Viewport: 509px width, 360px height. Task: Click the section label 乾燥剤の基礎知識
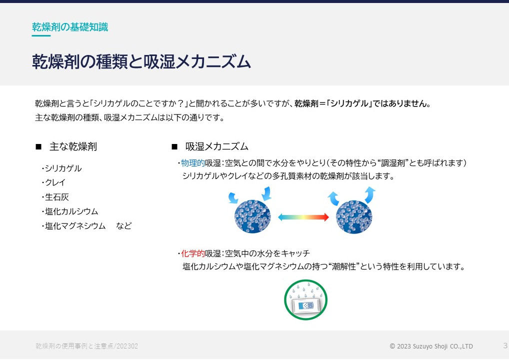[70, 27]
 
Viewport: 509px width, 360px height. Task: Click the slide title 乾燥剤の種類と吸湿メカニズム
[141, 61]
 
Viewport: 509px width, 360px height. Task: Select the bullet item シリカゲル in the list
[63, 168]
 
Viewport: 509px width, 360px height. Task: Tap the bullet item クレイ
[55, 182]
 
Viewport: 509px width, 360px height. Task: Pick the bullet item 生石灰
[57, 197]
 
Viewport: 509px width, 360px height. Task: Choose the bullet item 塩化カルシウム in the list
[71, 211]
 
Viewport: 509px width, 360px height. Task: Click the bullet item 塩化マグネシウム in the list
[75, 225]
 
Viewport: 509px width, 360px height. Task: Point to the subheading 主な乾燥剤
[73, 146]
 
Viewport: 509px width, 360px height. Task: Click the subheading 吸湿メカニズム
[217, 146]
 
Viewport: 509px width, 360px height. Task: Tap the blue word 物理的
[193, 162]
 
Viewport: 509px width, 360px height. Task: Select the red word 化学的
[193, 253]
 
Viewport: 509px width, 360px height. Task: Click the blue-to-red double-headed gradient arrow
[303, 217]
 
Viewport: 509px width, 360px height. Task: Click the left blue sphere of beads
[252, 216]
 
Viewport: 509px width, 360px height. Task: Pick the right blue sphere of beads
[354, 216]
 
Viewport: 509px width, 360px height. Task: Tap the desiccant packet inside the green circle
[306, 305]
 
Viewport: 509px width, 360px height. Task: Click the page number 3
[505, 345]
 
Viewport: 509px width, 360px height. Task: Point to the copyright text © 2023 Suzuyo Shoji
[431, 346]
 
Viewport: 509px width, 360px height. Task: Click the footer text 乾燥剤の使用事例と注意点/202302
[86, 346]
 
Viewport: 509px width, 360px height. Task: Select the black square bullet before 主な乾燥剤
[38, 146]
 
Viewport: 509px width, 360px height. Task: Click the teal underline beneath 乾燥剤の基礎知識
[41, 35]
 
